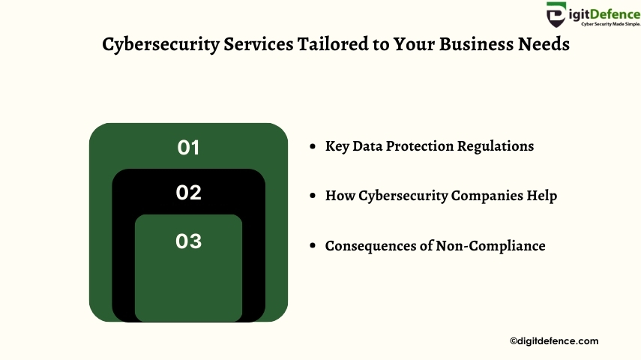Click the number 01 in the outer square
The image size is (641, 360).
[x=188, y=148]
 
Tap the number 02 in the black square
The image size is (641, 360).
[x=188, y=192]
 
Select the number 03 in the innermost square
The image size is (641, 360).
[x=188, y=241]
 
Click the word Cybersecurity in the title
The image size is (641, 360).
[x=160, y=44]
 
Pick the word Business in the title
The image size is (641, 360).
[x=476, y=43]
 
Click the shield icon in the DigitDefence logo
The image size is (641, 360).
[x=556, y=14]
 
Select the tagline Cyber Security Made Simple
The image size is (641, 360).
[x=611, y=24]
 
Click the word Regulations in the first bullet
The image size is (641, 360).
[x=496, y=146]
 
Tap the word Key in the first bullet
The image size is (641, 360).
[x=337, y=146]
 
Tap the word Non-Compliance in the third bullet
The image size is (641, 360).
[x=490, y=246]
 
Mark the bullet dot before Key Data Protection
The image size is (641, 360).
[x=313, y=146]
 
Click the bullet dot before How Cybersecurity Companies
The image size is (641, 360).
[x=313, y=196]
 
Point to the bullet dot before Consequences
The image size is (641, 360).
[x=313, y=245]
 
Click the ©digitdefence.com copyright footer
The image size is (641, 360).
[x=554, y=341]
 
